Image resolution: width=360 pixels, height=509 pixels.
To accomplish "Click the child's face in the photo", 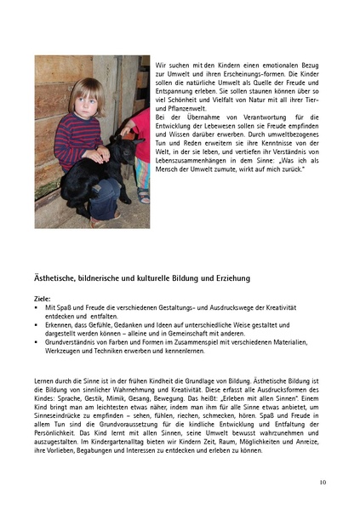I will coord(86,100).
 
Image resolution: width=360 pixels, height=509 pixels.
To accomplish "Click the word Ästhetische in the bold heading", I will coord(60,278).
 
